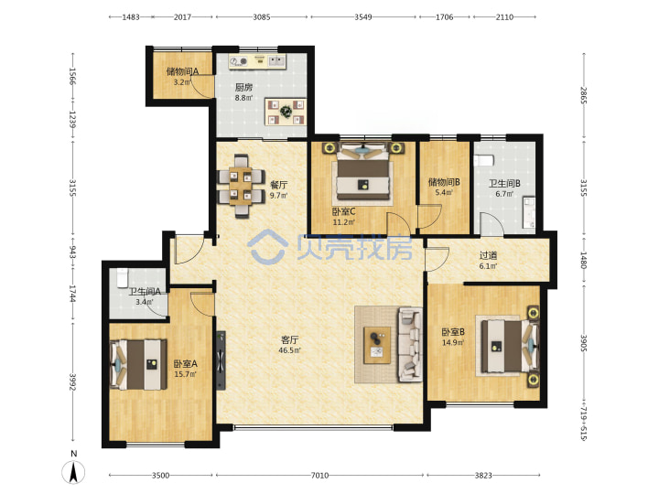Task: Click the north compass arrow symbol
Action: (x=73, y=472)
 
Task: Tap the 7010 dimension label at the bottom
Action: (x=319, y=476)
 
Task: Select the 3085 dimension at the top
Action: (x=262, y=17)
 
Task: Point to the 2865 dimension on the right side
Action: (x=583, y=95)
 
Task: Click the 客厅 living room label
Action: (x=289, y=339)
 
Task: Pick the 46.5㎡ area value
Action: (x=289, y=350)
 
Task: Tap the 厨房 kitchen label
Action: (x=243, y=88)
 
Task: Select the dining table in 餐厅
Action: (x=241, y=186)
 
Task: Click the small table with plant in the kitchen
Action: (x=286, y=112)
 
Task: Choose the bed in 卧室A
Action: (x=138, y=364)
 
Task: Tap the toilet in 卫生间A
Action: (x=123, y=278)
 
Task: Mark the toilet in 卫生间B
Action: (x=484, y=160)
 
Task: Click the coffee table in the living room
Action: (x=377, y=345)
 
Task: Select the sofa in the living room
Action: (x=410, y=345)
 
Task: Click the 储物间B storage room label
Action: (x=444, y=182)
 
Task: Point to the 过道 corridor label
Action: (x=489, y=255)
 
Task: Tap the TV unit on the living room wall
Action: (x=221, y=360)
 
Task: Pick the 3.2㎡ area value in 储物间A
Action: (x=182, y=82)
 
